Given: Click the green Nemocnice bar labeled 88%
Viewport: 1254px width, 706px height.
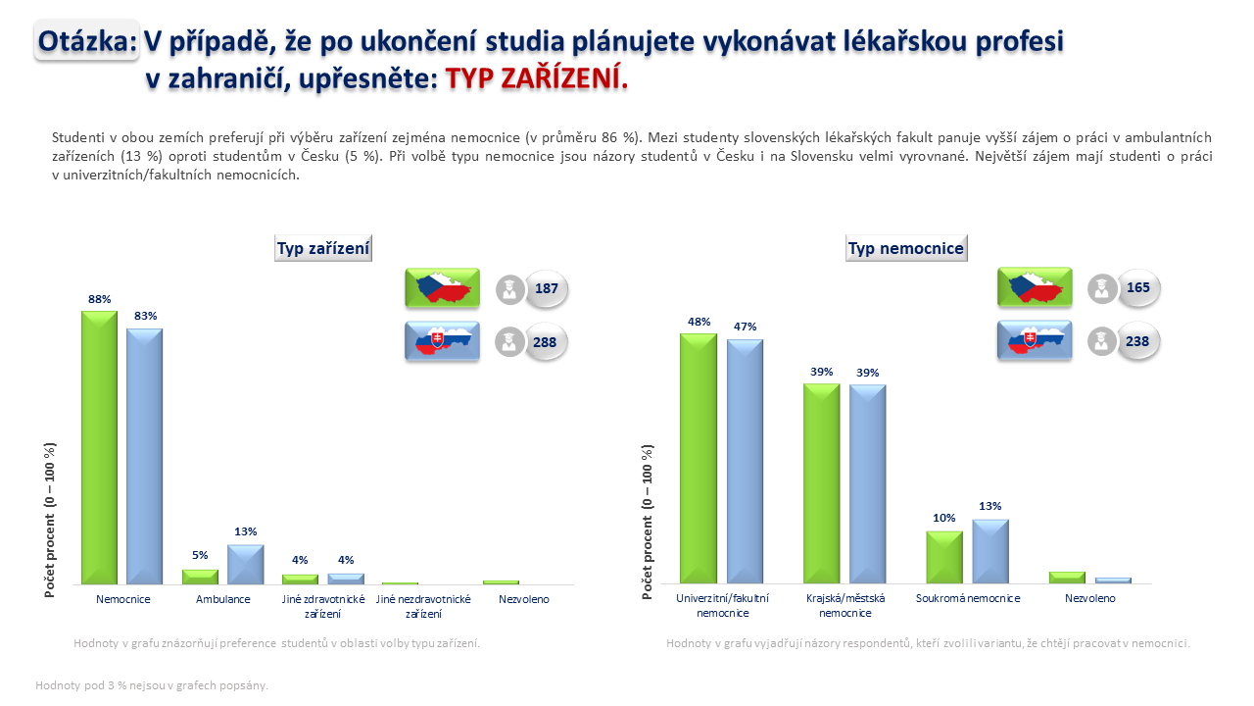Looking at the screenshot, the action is click(x=100, y=448).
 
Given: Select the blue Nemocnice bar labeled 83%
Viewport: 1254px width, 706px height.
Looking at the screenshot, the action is click(x=144, y=457).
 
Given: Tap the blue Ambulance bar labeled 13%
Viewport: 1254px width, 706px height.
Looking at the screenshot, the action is click(x=245, y=565).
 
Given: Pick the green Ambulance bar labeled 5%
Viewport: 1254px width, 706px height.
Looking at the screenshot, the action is click(x=200, y=578).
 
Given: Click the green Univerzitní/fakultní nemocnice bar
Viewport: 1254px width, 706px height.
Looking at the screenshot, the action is click(x=699, y=458).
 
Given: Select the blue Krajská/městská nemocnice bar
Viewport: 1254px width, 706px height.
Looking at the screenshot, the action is click(x=868, y=484).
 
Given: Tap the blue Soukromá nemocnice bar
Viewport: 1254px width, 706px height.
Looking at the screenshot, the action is click(x=990, y=551).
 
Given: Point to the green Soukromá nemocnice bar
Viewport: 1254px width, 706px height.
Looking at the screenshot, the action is click(x=944, y=558).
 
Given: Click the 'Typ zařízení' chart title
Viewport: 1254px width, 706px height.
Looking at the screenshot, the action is click(x=323, y=248).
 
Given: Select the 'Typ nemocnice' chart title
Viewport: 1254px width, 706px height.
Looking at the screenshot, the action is click(x=906, y=248).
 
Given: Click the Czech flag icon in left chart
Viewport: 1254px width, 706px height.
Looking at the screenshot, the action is click(x=442, y=288).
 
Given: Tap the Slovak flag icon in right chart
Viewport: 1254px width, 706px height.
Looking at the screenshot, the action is click(x=1035, y=340).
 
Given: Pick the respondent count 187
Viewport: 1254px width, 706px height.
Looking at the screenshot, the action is click(x=547, y=288).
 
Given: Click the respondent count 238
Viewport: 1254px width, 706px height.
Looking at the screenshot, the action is click(x=1137, y=341).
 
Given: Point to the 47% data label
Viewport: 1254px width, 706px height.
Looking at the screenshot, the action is click(x=746, y=327).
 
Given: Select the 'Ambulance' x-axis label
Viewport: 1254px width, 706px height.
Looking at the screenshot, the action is click(x=222, y=599).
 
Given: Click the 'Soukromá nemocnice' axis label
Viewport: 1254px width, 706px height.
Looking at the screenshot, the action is click(x=968, y=598).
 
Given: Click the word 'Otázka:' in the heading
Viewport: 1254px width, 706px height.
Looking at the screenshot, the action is click(x=87, y=41).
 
